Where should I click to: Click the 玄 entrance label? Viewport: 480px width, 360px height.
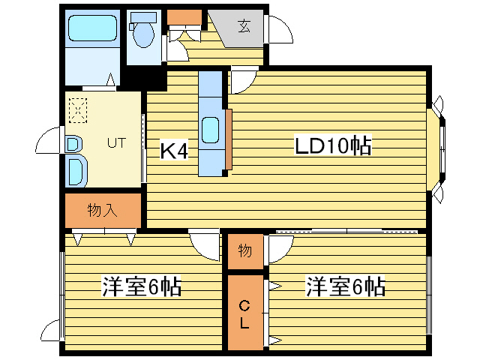[244, 26]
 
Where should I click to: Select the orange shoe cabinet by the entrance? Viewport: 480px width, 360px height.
[184, 17]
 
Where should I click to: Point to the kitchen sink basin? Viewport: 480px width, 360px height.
[211, 130]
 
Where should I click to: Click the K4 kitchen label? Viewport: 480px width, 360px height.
[174, 151]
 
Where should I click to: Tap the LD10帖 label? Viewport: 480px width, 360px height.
[332, 146]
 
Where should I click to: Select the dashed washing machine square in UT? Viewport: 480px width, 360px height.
[78, 110]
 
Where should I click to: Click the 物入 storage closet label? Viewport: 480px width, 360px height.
[103, 210]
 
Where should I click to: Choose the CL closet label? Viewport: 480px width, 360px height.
[245, 313]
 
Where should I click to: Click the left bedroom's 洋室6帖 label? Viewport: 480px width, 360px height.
[142, 287]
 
